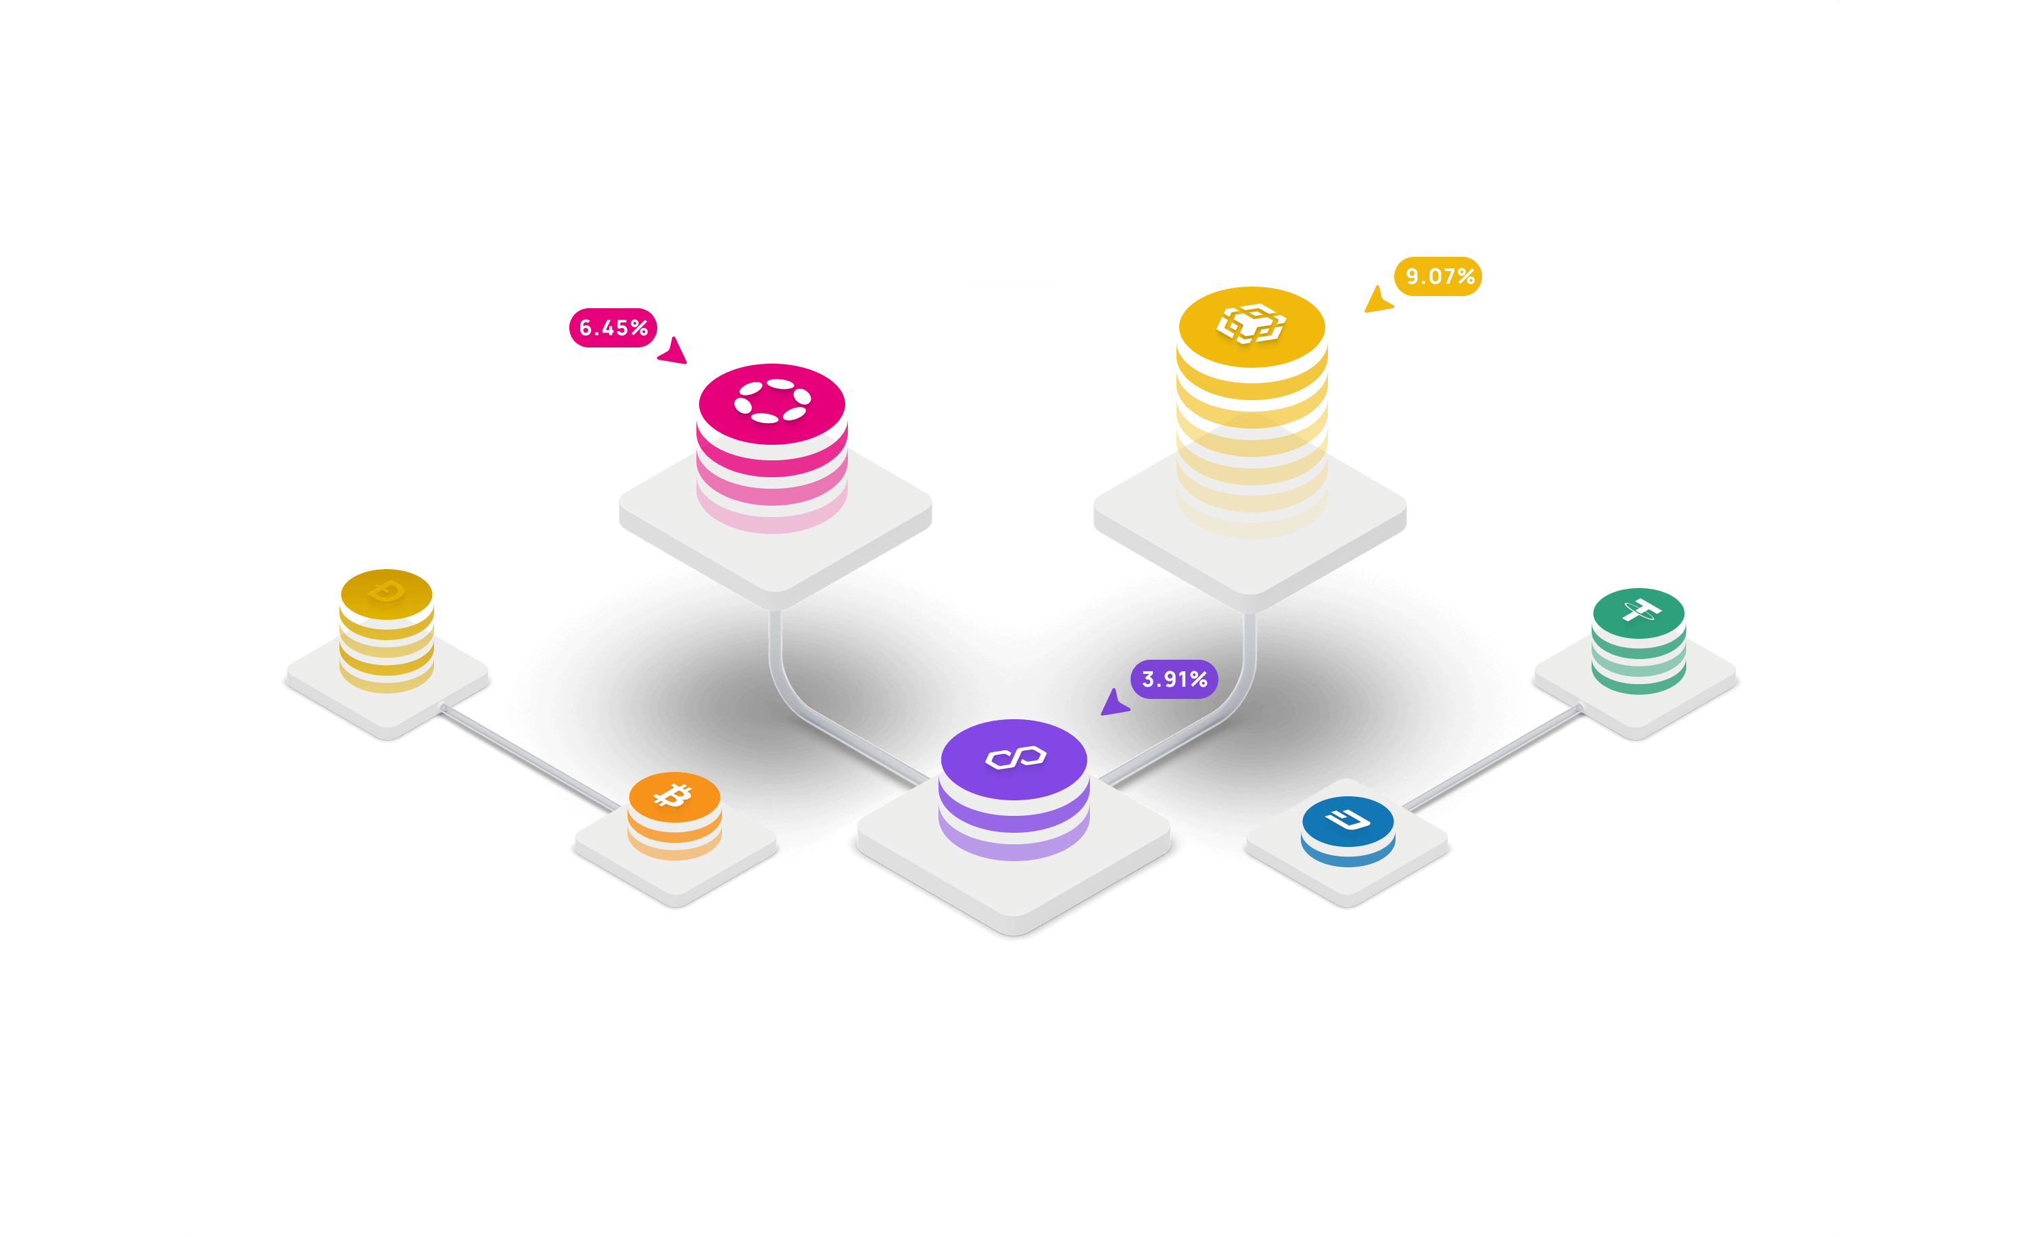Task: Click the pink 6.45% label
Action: coord(613,328)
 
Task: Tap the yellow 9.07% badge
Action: coord(1438,276)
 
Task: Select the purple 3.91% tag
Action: coord(1174,679)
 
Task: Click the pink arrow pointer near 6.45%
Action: coord(673,351)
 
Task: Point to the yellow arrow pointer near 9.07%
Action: coord(1378,299)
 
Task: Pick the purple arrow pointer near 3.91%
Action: coord(1114,702)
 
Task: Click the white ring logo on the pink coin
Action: coord(771,401)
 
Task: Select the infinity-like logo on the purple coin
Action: coord(1016,758)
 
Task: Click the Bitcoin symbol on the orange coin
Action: coord(673,794)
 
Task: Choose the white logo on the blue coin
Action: coord(1348,819)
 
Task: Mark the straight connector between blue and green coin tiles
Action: coord(1493,758)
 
